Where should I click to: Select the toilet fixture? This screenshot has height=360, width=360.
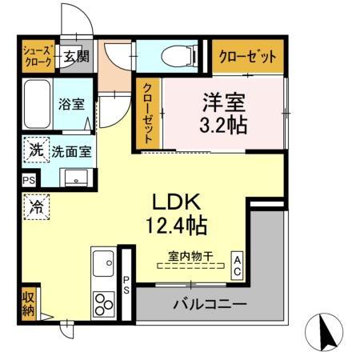(173, 56)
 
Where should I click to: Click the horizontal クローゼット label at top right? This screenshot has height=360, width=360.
(248, 57)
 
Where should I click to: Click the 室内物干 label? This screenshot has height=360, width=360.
(190, 257)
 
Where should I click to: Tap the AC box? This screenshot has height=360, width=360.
(238, 265)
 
